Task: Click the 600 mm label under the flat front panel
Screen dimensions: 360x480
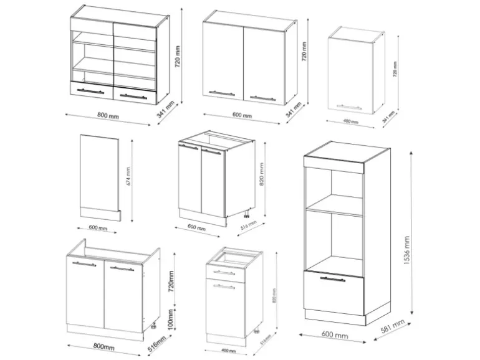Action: [x=98, y=229]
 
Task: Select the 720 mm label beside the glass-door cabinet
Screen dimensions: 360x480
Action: [x=178, y=56]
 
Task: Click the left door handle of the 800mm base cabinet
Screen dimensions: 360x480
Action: [x=85, y=264]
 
